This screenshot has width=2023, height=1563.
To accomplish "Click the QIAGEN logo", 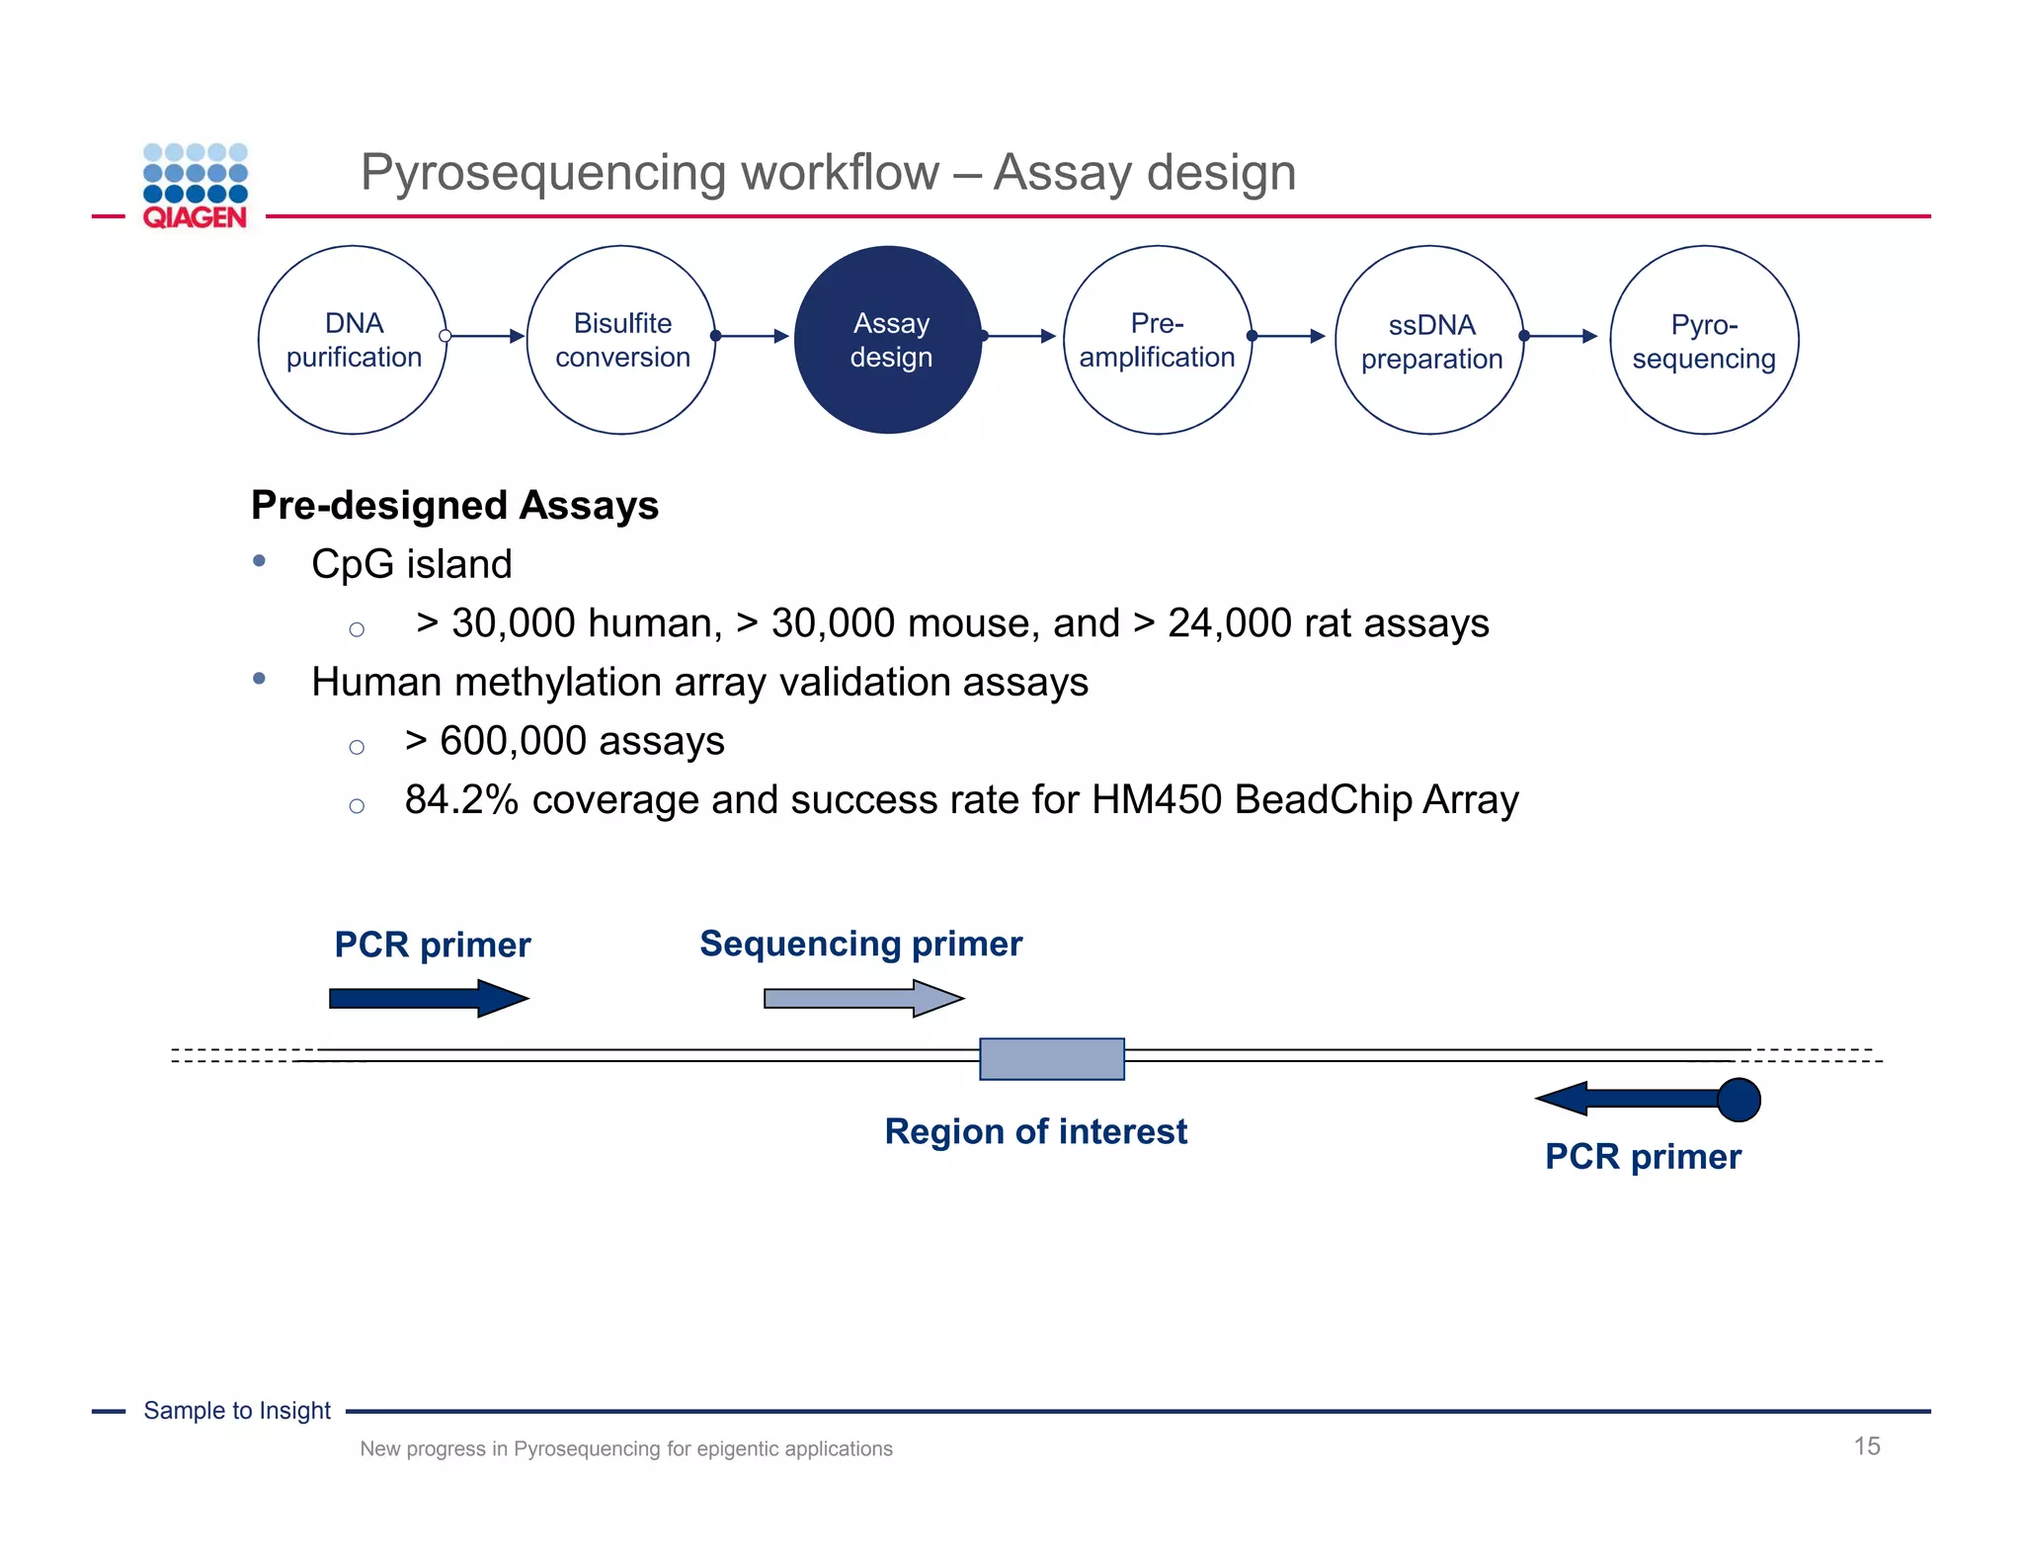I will pos(195,187).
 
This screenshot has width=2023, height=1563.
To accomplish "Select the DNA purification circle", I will pos(353,340).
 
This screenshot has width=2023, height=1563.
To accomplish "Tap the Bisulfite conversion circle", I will pos(621,340).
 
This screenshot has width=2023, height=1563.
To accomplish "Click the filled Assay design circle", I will pos(889,340).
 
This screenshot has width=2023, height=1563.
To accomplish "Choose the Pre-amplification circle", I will pos(1158,340).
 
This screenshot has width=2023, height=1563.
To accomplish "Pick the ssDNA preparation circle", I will pos(1429,340).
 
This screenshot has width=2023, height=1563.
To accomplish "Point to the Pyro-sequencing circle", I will pos(1704,340).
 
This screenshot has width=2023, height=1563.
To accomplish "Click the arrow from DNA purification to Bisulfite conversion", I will pos(486,337).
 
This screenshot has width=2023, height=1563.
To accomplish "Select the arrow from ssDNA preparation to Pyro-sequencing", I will pos(1561,337).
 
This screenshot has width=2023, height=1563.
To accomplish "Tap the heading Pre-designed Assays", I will pos(454,505).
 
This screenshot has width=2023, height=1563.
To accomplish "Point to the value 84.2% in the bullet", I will pos(461,800).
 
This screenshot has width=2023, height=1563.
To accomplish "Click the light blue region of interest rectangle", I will pos(1051,1059).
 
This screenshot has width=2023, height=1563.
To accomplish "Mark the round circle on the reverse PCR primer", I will pos(1739,1100).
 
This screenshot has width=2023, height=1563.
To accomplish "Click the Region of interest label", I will pos(1035,1132).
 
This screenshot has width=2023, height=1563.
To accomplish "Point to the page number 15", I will pos(1866,1446).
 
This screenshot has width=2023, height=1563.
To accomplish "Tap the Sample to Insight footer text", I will pos(237,1411).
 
